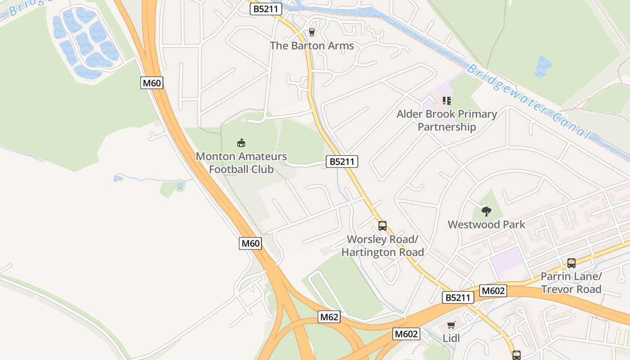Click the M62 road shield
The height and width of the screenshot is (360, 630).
click(x=329, y=317)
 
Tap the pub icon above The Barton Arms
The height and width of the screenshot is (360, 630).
click(x=311, y=32)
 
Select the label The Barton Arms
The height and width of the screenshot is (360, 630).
click(x=311, y=46)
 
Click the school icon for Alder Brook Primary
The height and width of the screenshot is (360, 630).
click(x=446, y=100)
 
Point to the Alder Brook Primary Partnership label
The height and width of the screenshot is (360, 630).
click(x=446, y=121)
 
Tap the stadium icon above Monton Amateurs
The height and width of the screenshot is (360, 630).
click(x=241, y=143)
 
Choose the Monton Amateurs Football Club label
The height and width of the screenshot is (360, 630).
click(x=241, y=163)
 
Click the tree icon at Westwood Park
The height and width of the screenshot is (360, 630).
click(x=486, y=211)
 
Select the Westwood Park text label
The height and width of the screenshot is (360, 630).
click(x=486, y=225)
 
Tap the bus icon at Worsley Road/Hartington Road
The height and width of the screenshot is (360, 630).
click(x=382, y=225)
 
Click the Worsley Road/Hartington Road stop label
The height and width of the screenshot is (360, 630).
click(x=382, y=245)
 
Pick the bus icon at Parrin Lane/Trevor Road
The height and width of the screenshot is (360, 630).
click(x=571, y=263)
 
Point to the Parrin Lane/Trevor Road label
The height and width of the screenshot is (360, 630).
click(x=571, y=283)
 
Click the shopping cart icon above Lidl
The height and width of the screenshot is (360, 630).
click(x=451, y=325)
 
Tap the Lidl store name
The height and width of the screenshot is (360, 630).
click(x=451, y=338)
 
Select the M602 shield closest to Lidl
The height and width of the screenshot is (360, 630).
click(x=406, y=334)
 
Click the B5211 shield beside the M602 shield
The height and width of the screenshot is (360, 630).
click(x=458, y=297)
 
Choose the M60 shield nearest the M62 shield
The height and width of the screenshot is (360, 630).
click(x=251, y=243)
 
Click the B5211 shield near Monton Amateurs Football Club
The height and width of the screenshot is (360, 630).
click(x=342, y=162)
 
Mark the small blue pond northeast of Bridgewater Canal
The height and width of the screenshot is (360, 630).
click(x=543, y=67)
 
